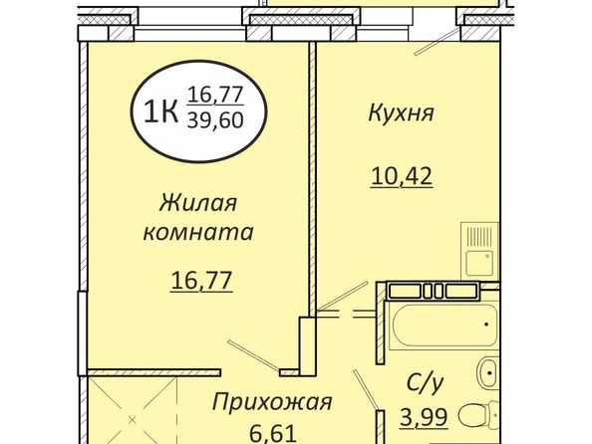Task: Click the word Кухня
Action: (x=401, y=113)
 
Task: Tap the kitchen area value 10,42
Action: (x=402, y=176)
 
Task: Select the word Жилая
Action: (x=198, y=203)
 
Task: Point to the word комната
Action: (x=198, y=232)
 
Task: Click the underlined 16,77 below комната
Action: (x=201, y=281)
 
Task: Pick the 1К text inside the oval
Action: (x=161, y=112)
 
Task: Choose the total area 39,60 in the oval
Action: (x=215, y=120)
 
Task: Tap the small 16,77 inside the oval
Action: (x=215, y=95)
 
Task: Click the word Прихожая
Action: (x=272, y=402)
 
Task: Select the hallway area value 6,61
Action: (x=273, y=434)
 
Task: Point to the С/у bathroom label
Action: (x=425, y=383)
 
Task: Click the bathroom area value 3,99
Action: (x=424, y=417)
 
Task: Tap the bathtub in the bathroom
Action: (x=444, y=325)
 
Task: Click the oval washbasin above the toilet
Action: (x=488, y=373)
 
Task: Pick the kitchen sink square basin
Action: (x=479, y=263)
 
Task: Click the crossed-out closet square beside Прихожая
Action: (x=133, y=410)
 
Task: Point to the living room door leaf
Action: (x=253, y=354)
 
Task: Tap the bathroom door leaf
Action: (x=366, y=389)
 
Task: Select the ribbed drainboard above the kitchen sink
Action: (x=479, y=236)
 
